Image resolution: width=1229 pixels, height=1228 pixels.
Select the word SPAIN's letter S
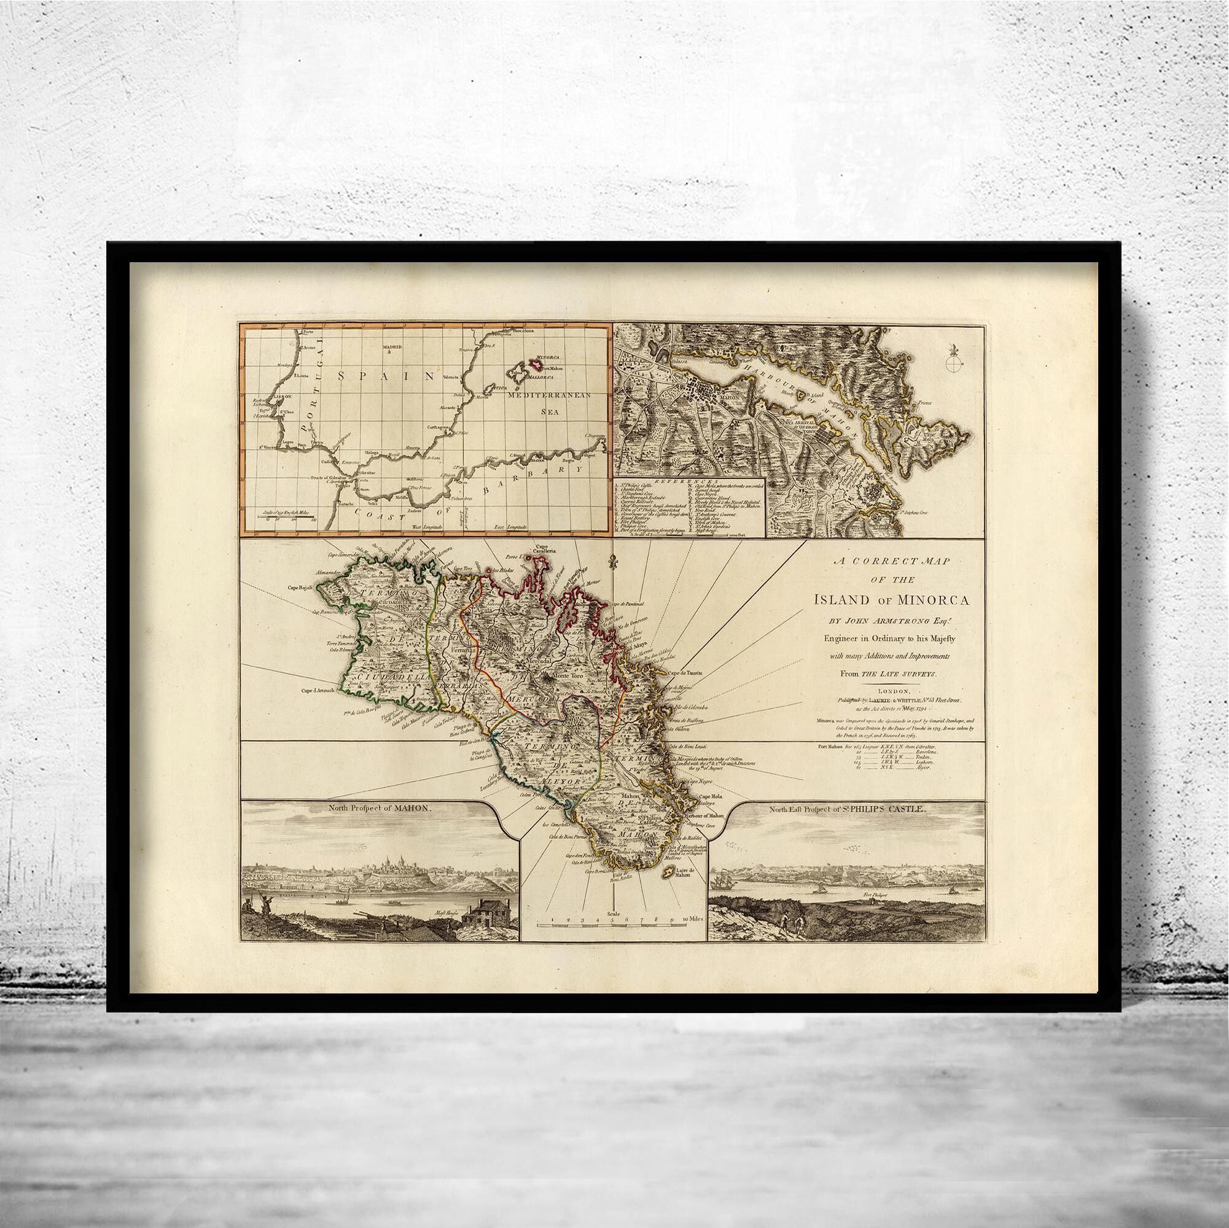(342, 376)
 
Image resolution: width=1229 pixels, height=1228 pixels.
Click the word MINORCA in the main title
(933, 599)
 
